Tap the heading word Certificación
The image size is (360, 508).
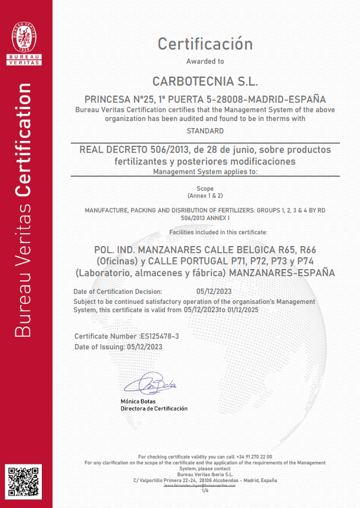point(205,44)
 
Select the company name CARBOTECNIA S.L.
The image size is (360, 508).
point(205,80)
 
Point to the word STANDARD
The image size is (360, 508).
point(205,130)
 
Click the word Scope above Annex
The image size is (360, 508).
point(205,189)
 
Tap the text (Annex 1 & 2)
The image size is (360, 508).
point(205,195)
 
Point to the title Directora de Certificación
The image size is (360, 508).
point(154,408)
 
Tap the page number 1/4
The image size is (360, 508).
point(205,490)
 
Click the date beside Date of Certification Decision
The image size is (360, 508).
point(214,291)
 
